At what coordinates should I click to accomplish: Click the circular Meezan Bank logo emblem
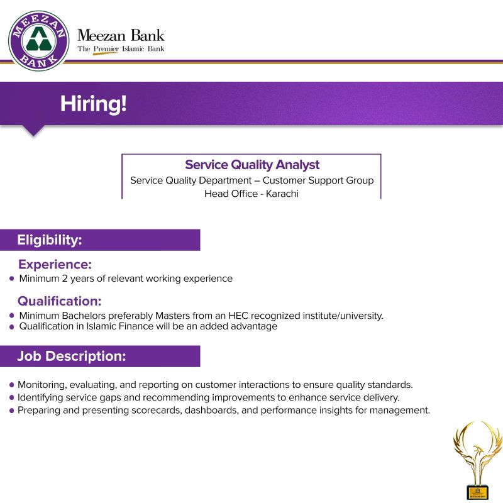coord(38,39)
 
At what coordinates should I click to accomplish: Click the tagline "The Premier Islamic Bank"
coord(121,48)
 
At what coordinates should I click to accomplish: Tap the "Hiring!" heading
coord(94,104)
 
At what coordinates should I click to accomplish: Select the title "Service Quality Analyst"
coord(252,165)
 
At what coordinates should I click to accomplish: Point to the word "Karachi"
coord(282,194)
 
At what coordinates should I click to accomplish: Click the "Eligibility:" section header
coord(50,240)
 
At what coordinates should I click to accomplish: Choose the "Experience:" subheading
coord(55,264)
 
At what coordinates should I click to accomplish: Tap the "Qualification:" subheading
coord(59,301)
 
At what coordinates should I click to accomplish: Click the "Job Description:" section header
coord(71,356)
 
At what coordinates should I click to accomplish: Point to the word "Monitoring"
coord(41,384)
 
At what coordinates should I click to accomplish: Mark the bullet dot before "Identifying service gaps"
coord(12,398)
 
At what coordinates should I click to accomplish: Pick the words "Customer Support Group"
coord(318,180)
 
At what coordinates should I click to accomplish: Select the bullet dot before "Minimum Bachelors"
coord(12,316)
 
